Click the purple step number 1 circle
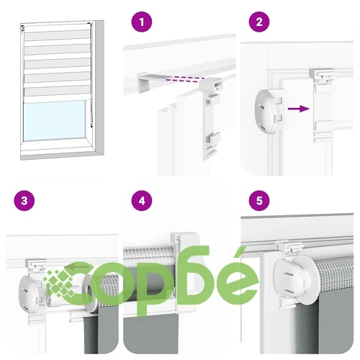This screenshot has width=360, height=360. [142, 22]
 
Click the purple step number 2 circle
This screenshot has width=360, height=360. [259, 22]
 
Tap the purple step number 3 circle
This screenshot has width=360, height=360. [24, 200]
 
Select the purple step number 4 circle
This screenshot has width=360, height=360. [142, 200]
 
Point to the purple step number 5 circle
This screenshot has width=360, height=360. [259, 200]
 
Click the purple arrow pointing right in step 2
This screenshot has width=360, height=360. [298, 109]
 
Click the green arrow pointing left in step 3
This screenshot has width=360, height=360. [77, 266]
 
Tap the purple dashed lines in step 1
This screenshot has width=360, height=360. [184, 79]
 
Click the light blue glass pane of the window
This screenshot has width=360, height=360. [55, 121]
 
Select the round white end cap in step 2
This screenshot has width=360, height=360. [269, 110]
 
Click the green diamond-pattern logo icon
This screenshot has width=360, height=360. [60, 283]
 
